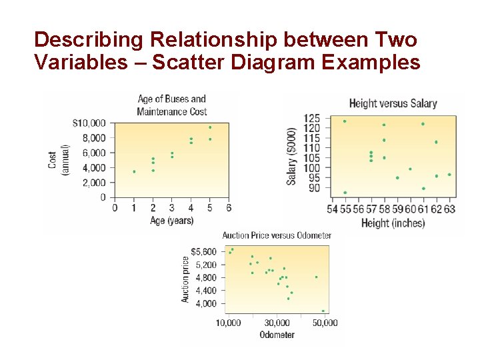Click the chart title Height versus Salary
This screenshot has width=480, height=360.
click(x=393, y=103)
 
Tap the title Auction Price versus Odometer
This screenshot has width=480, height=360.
click(x=277, y=235)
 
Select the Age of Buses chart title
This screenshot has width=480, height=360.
click(x=172, y=105)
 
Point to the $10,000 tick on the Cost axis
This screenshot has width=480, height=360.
click(x=89, y=123)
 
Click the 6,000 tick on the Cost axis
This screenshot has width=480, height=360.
click(x=93, y=153)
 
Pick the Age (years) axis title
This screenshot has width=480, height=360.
click(x=172, y=221)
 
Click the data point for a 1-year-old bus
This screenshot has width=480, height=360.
click(x=134, y=171)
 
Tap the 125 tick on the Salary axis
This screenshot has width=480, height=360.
click(x=312, y=119)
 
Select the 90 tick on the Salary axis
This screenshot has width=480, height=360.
click(x=314, y=188)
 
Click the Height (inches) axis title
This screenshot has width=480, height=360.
click(x=393, y=223)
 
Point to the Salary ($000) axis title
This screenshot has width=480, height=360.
click(x=292, y=157)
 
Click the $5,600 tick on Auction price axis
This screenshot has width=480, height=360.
click(x=204, y=252)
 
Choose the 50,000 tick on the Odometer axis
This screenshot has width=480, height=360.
click(x=325, y=323)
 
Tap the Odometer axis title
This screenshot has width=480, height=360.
click(x=277, y=335)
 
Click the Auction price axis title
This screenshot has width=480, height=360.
click(x=185, y=279)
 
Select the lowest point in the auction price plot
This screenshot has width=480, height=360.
click(x=323, y=311)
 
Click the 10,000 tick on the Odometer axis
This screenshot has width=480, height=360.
click(x=228, y=323)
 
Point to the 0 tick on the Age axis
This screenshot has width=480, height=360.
click(x=115, y=208)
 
